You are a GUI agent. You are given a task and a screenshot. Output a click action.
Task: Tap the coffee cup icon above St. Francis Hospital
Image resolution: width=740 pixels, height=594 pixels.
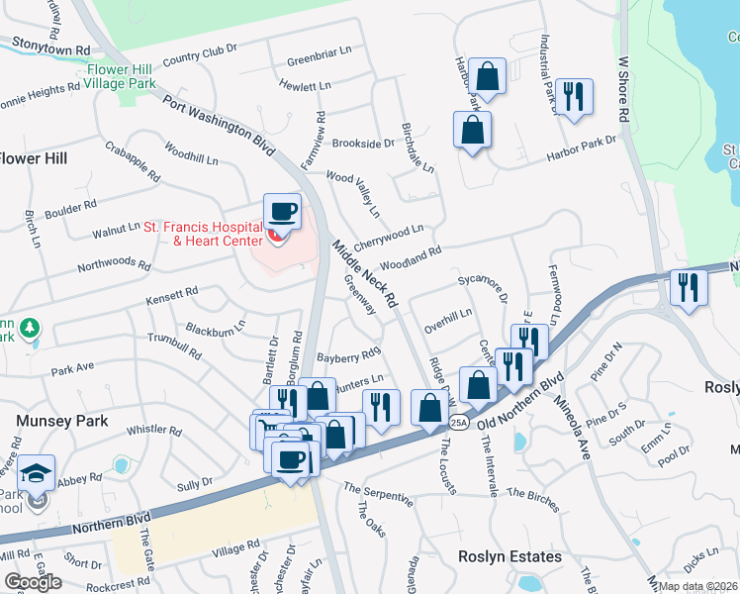click(x=283, y=211)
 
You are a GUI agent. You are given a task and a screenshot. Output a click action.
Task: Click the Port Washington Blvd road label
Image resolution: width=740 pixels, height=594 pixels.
click(x=219, y=123)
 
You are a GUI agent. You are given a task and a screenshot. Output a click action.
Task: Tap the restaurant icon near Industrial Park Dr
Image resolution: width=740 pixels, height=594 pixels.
click(x=574, y=97)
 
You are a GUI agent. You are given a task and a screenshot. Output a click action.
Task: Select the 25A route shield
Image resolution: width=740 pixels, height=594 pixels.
click(x=458, y=423)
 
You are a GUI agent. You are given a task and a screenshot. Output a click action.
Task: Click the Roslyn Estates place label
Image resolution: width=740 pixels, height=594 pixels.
click(x=509, y=556)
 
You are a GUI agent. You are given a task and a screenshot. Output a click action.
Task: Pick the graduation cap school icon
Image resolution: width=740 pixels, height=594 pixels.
click(x=37, y=474)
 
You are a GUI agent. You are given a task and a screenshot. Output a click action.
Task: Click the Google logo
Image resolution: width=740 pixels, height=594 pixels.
click(x=33, y=581)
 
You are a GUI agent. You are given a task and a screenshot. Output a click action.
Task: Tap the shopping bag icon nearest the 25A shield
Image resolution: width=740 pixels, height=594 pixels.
click(x=430, y=407)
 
